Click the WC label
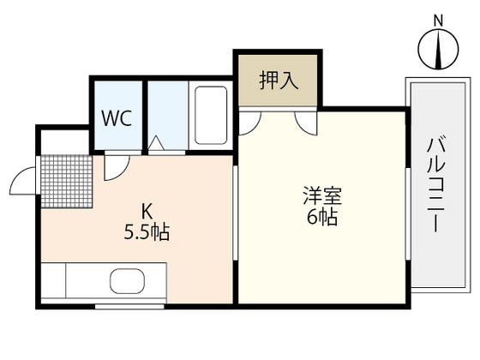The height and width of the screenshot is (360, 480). [117, 118]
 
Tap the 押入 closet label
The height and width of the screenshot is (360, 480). [278, 81]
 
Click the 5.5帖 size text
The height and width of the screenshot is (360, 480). [147, 232]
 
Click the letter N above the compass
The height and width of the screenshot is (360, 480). [437, 20]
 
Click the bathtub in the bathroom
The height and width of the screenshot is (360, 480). [211, 117]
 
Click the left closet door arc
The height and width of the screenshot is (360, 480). [249, 122]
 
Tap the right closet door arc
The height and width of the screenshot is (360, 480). [305, 122]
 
